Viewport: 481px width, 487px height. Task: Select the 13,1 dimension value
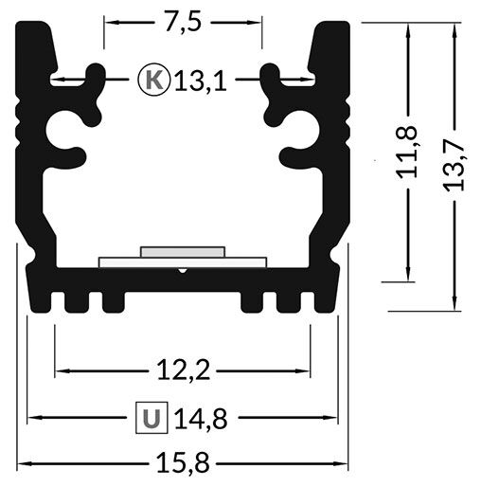click(x=202, y=81)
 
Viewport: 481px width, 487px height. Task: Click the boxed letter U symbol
click(x=151, y=417)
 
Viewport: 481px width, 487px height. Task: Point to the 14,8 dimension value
click(x=201, y=418)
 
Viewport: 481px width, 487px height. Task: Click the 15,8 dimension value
click(x=182, y=463)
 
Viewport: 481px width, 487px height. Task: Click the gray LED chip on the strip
click(x=183, y=252)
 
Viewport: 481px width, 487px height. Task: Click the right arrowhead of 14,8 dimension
click(x=333, y=417)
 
